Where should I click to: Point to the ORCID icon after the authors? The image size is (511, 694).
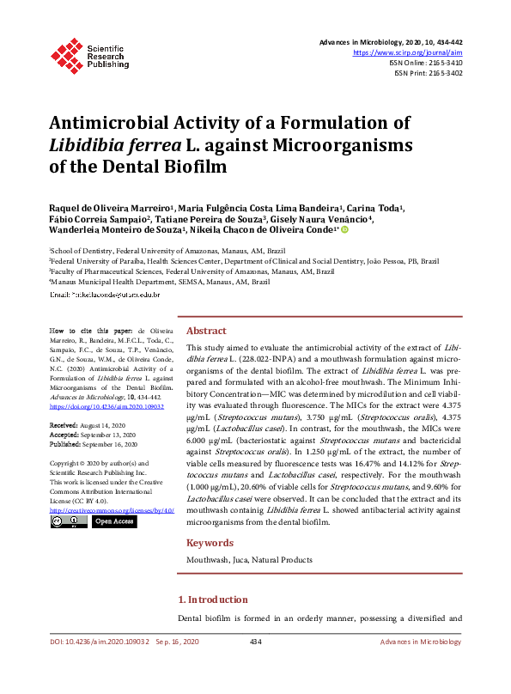(345, 229)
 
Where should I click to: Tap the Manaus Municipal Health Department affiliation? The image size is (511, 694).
(160, 282)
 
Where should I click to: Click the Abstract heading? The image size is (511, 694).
(206, 331)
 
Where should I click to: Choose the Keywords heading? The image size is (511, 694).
(210, 543)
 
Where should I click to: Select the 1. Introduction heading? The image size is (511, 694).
(212, 600)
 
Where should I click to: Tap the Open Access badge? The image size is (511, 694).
(113, 521)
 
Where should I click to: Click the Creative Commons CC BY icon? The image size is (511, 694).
(69, 521)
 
